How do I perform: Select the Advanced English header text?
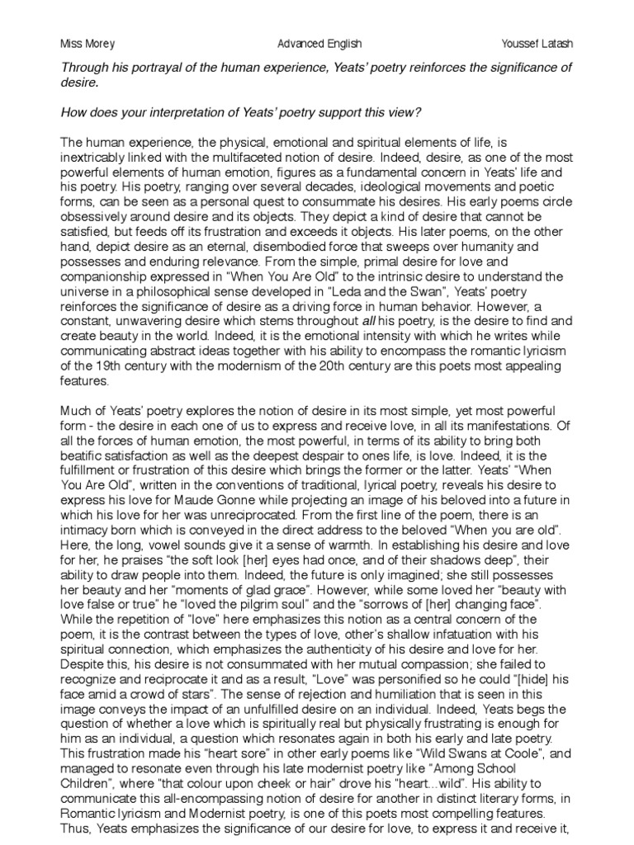click(x=319, y=43)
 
